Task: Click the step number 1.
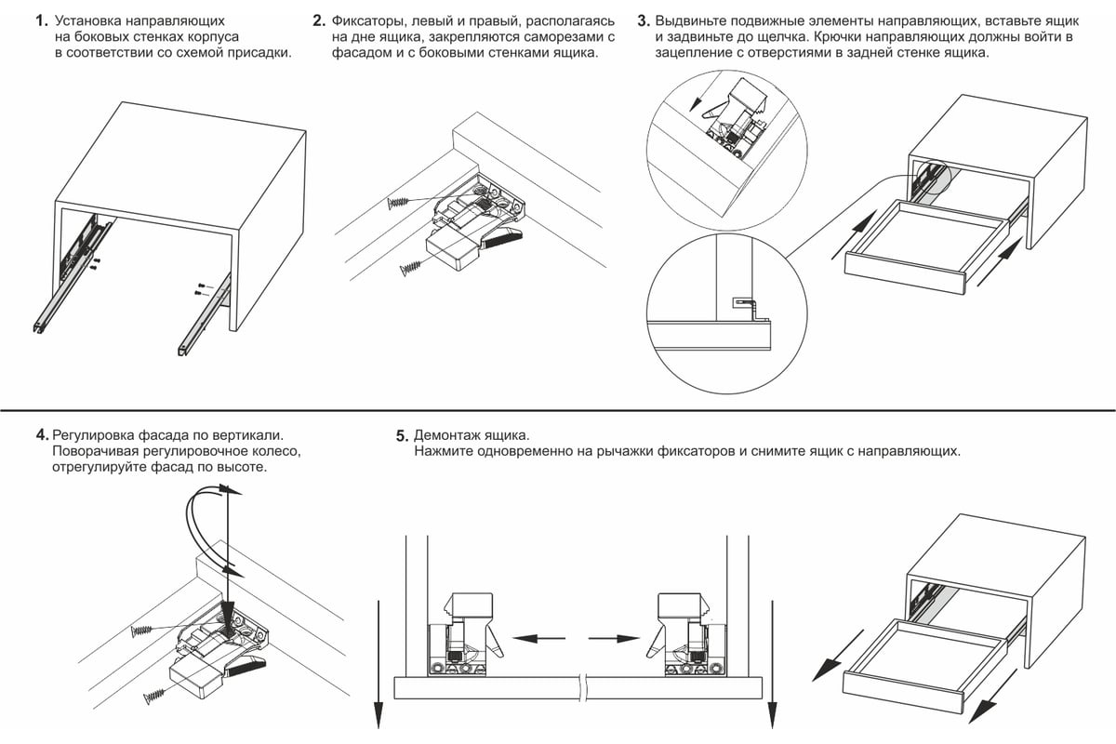[40, 20]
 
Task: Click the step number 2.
[319, 20]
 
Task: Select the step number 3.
[644, 20]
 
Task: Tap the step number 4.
[42, 434]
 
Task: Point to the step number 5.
[402, 435]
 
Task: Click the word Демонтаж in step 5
[447, 435]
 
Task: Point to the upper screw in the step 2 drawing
[401, 202]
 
